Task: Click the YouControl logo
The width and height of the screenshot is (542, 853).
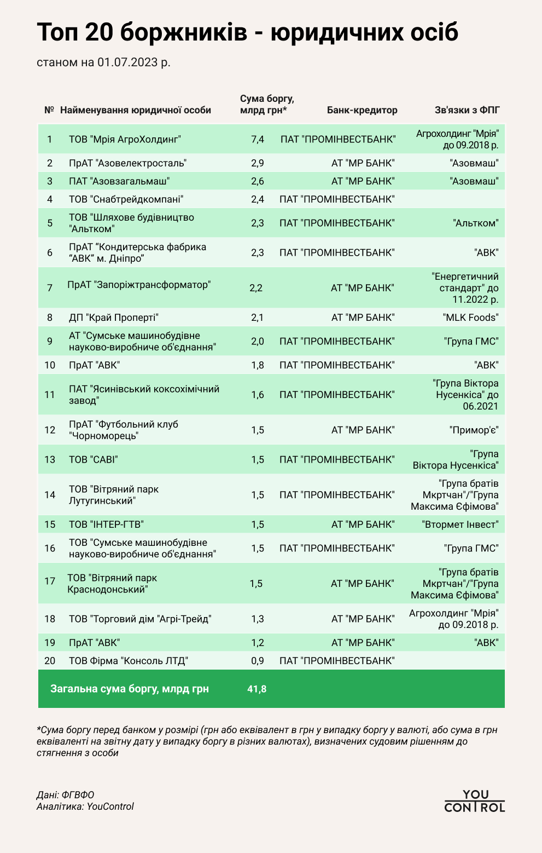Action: click(x=475, y=801)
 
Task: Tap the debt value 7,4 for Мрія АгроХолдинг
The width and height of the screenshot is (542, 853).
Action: click(x=258, y=139)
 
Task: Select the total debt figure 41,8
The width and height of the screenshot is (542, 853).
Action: click(x=257, y=689)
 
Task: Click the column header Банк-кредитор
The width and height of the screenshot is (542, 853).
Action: click(x=362, y=110)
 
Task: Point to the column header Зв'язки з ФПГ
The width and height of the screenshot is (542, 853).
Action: click(x=467, y=110)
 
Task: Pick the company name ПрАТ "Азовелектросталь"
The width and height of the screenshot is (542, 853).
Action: click(x=127, y=163)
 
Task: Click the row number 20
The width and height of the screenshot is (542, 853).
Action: click(x=50, y=661)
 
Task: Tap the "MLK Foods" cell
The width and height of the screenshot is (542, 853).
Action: click(x=470, y=318)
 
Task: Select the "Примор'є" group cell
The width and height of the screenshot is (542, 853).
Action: click(x=474, y=430)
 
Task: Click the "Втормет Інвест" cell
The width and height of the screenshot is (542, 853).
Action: click(x=460, y=525)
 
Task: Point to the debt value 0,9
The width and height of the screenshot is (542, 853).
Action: click(x=258, y=661)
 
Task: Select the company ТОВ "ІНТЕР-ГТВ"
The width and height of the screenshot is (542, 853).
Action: click(x=106, y=525)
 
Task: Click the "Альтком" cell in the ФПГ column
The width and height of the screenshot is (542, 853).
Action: click(x=476, y=223)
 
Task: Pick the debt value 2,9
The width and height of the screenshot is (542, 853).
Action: click(x=258, y=163)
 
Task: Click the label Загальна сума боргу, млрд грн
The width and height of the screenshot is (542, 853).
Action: click(x=130, y=689)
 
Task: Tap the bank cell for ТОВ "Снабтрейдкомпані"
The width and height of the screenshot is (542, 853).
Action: click(x=337, y=199)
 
